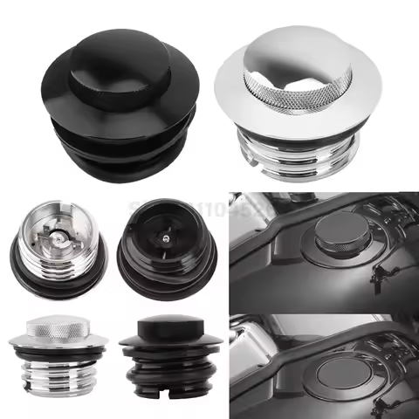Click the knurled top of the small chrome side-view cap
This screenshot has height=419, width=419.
tap(52, 326)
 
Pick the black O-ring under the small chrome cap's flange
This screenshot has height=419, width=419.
tap(52, 351)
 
